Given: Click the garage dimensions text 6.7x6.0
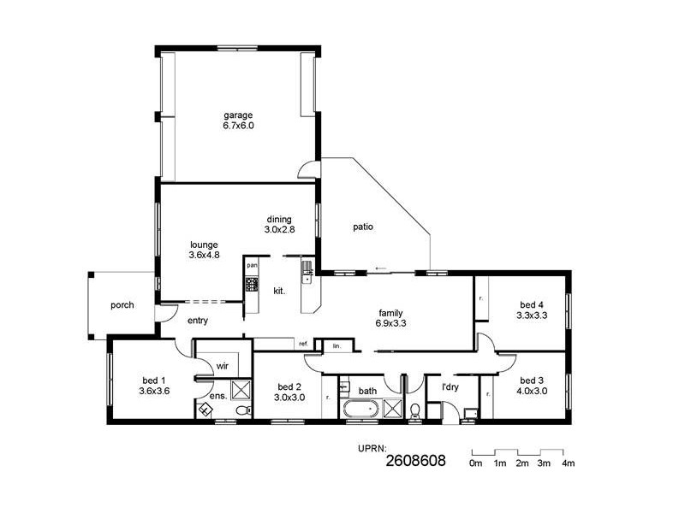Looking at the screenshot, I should pyautogui.click(x=239, y=126).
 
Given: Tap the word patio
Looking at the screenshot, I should pyautogui.click(x=362, y=227).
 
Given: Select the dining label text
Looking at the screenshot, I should pyautogui.click(x=277, y=220).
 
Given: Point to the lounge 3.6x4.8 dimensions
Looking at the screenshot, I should pyautogui.click(x=205, y=254).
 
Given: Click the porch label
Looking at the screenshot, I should pyautogui.click(x=122, y=305).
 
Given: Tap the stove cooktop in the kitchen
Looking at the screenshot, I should pyautogui.click(x=252, y=284).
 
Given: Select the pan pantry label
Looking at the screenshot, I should pyautogui.click(x=252, y=266).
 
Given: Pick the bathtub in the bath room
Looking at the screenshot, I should pyautogui.click(x=360, y=410).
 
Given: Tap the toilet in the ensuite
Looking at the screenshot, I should pyautogui.click(x=242, y=410).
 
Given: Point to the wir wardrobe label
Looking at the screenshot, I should pyautogui.click(x=222, y=366).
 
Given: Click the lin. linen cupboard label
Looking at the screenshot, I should pyautogui.click(x=337, y=346).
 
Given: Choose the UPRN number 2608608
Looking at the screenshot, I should pyautogui.click(x=415, y=462).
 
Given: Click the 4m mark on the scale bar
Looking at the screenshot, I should pyautogui.click(x=567, y=463).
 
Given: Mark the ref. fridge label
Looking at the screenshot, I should pyautogui.click(x=303, y=344).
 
